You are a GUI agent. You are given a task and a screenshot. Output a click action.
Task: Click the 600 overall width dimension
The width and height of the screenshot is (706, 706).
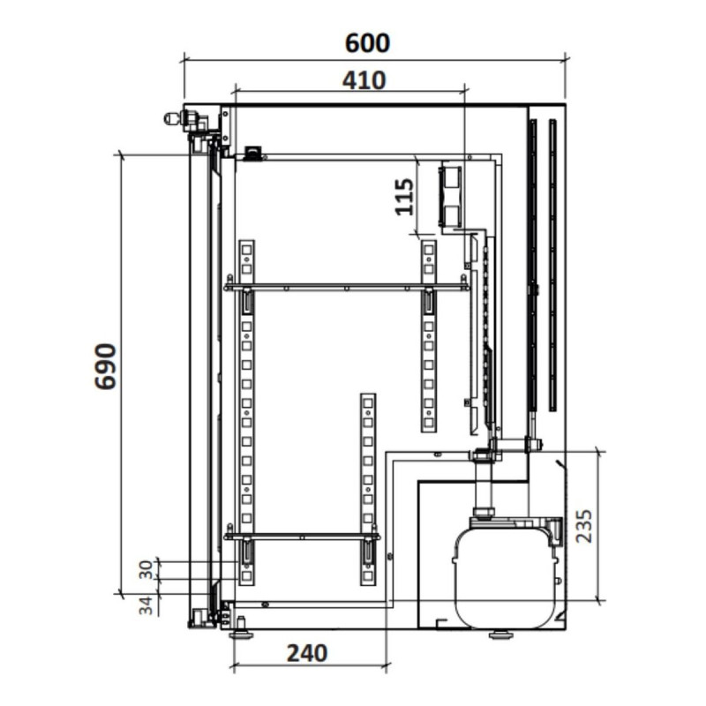pos(367,43)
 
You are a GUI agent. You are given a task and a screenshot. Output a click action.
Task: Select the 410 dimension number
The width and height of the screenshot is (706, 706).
pos(364,80)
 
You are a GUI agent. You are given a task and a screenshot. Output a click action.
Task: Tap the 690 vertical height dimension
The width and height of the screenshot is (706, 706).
pos(106,366)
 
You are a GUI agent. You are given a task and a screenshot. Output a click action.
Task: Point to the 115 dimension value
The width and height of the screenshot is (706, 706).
pos(404,197)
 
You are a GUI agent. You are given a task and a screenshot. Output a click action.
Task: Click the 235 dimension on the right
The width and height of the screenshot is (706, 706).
pos(584,526)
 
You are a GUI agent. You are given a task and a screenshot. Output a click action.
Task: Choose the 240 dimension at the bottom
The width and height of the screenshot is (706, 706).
pos(307,653)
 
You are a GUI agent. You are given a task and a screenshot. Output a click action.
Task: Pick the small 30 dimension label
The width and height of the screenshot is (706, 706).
pos(146,570)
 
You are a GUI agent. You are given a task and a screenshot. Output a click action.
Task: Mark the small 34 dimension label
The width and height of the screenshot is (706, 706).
pos(146,606)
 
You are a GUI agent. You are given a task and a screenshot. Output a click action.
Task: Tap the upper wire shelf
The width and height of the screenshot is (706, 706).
pos(347,287)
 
